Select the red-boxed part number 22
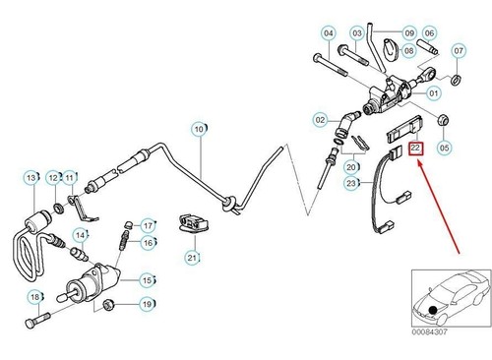point(414,149)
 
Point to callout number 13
point(31,177)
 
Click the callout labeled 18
point(34,296)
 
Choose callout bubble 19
point(146,304)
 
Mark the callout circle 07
point(459,50)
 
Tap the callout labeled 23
point(352,183)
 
